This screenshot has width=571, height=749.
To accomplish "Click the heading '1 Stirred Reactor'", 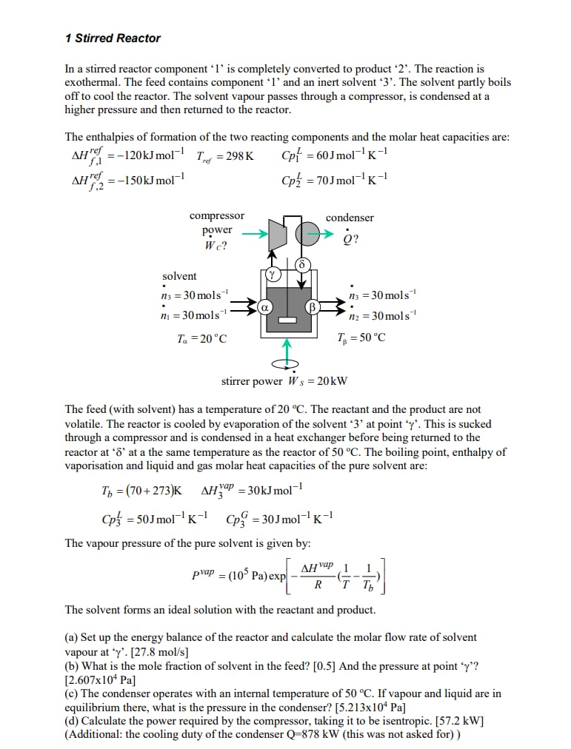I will [x=113, y=38].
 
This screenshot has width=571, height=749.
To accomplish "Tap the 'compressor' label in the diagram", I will [x=216, y=216].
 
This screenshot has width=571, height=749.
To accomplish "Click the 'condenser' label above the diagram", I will [x=350, y=218].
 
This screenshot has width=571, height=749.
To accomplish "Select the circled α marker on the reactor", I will [x=264, y=306].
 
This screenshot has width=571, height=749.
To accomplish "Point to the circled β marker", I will [x=312, y=306].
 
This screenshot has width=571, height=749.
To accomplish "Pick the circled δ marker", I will [x=301, y=264].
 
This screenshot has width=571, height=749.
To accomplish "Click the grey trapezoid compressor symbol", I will [x=277, y=235].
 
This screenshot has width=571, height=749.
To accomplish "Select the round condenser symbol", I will [x=307, y=235].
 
